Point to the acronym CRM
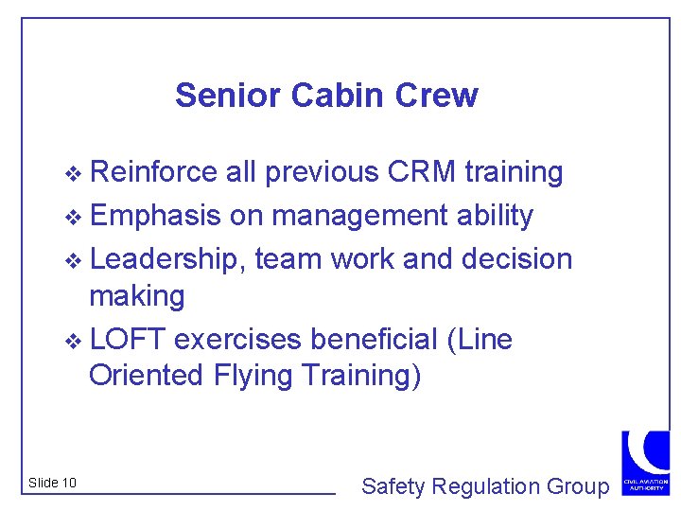(x=421, y=172)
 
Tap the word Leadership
(x=168, y=258)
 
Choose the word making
(x=137, y=296)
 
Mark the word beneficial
(x=374, y=338)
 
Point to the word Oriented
(x=138, y=376)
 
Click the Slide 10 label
(x=53, y=484)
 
